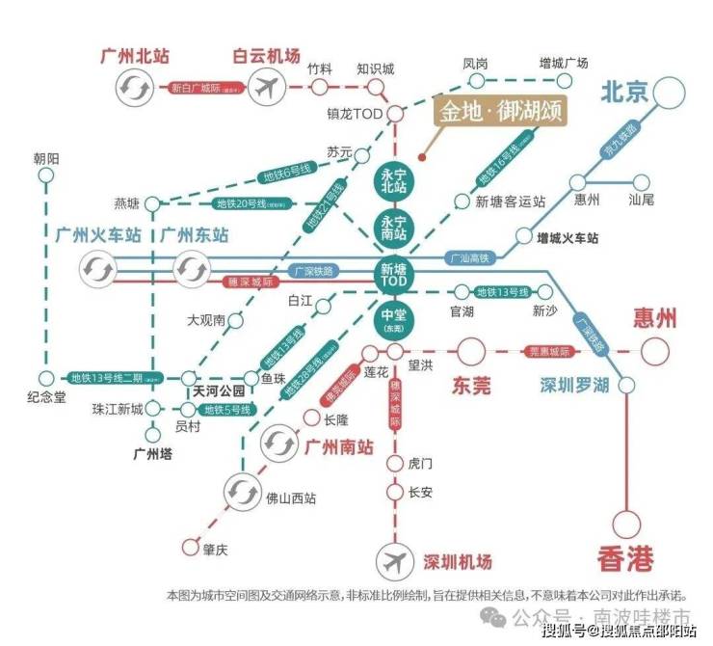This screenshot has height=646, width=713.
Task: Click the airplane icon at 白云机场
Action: [x=268, y=89]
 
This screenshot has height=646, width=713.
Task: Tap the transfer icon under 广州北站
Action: [x=132, y=89]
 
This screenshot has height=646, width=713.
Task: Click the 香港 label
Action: [x=625, y=556]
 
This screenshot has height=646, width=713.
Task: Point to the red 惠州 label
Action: [x=654, y=319]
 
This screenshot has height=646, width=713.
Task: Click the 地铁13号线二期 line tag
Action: [x=105, y=377]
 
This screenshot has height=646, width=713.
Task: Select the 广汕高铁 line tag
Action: [x=470, y=258]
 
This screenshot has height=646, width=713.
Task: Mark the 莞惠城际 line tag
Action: [x=547, y=352]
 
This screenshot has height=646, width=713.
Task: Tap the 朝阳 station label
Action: [x=45, y=157]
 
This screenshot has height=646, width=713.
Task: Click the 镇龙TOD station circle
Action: [x=395, y=114]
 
